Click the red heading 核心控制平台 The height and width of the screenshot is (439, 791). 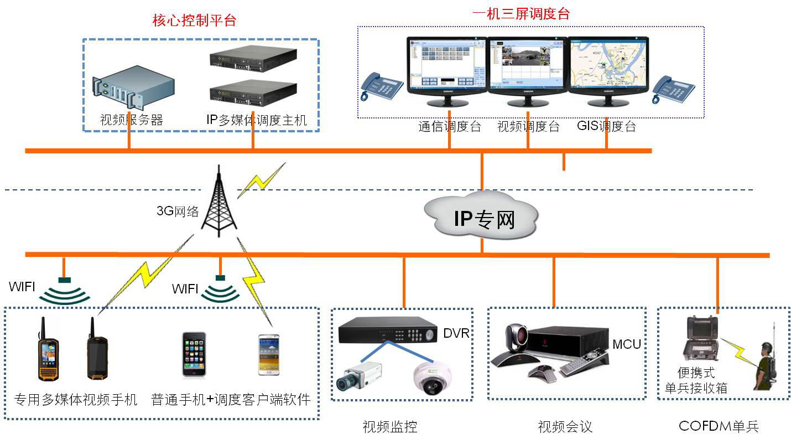(x=194, y=21)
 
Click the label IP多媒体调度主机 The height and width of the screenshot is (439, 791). (x=256, y=120)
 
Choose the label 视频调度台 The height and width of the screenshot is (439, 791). (x=528, y=127)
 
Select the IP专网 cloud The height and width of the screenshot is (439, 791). (x=481, y=217)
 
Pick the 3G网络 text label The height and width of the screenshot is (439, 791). (x=178, y=211)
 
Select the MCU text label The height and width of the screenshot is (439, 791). (x=626, y=344)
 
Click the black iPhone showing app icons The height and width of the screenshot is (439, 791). (x=194, y=355)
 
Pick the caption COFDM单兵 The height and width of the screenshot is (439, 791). (x=718, y=426)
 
